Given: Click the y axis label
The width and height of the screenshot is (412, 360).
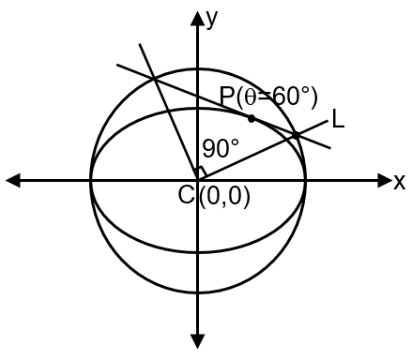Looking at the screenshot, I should point(213,19).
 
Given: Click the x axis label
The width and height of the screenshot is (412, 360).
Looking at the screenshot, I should point(399,181).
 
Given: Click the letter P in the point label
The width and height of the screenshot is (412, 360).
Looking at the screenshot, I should point(227,97).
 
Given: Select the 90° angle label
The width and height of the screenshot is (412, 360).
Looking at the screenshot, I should point(221,148).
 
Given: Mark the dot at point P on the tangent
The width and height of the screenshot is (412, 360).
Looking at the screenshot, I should point(251,118).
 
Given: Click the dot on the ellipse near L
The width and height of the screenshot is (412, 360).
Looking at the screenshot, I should point(296,135).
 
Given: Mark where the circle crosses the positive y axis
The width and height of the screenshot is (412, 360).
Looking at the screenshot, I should point(198,72).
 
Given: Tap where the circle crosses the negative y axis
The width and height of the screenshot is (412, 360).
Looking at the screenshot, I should point(198,287).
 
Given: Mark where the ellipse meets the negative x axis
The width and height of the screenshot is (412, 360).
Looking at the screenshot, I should point(91,179).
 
